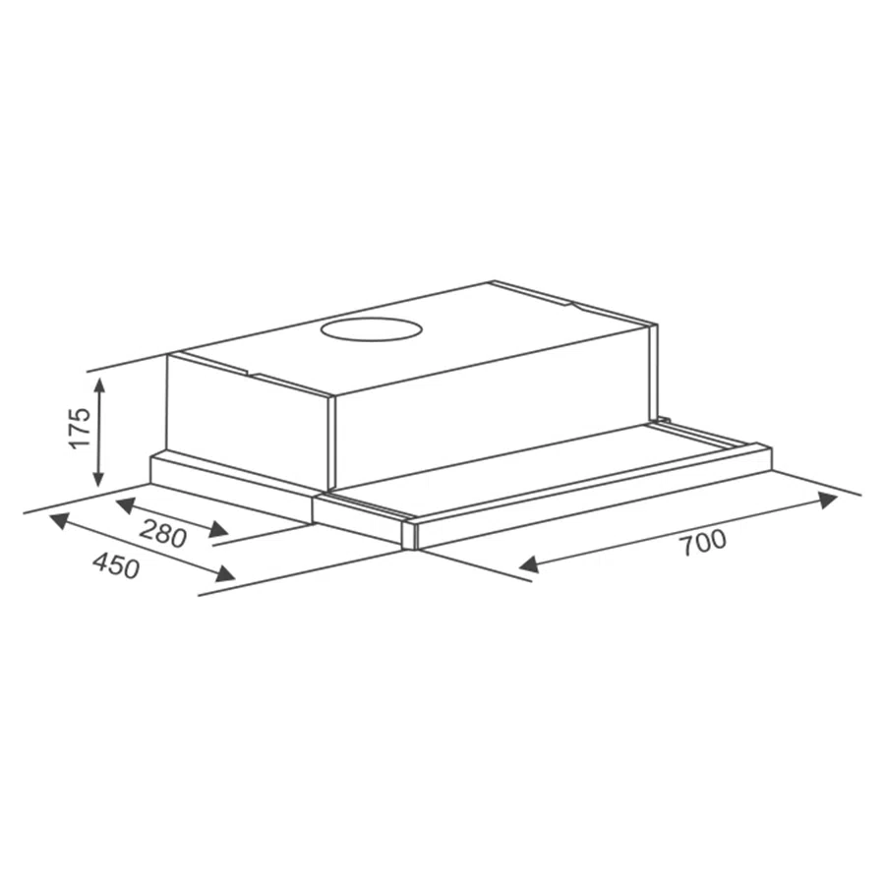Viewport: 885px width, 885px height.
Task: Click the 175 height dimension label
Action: [x=81, y=427]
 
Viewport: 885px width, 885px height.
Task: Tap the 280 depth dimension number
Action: [x=162, y=533]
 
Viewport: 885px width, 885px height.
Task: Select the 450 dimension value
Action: [x=116, y=565]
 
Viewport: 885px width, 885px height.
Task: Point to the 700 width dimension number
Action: [x=703, y=543]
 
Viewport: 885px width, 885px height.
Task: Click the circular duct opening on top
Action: [x=372, y=329]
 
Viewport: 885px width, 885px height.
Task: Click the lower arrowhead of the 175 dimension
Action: [x=99, y=477]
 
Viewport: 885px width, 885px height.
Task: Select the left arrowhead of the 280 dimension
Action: [x=125, y=505]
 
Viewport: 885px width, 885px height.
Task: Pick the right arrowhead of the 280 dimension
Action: [x=219, y=529]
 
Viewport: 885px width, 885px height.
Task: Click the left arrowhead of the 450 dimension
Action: [x=59, y=520]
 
